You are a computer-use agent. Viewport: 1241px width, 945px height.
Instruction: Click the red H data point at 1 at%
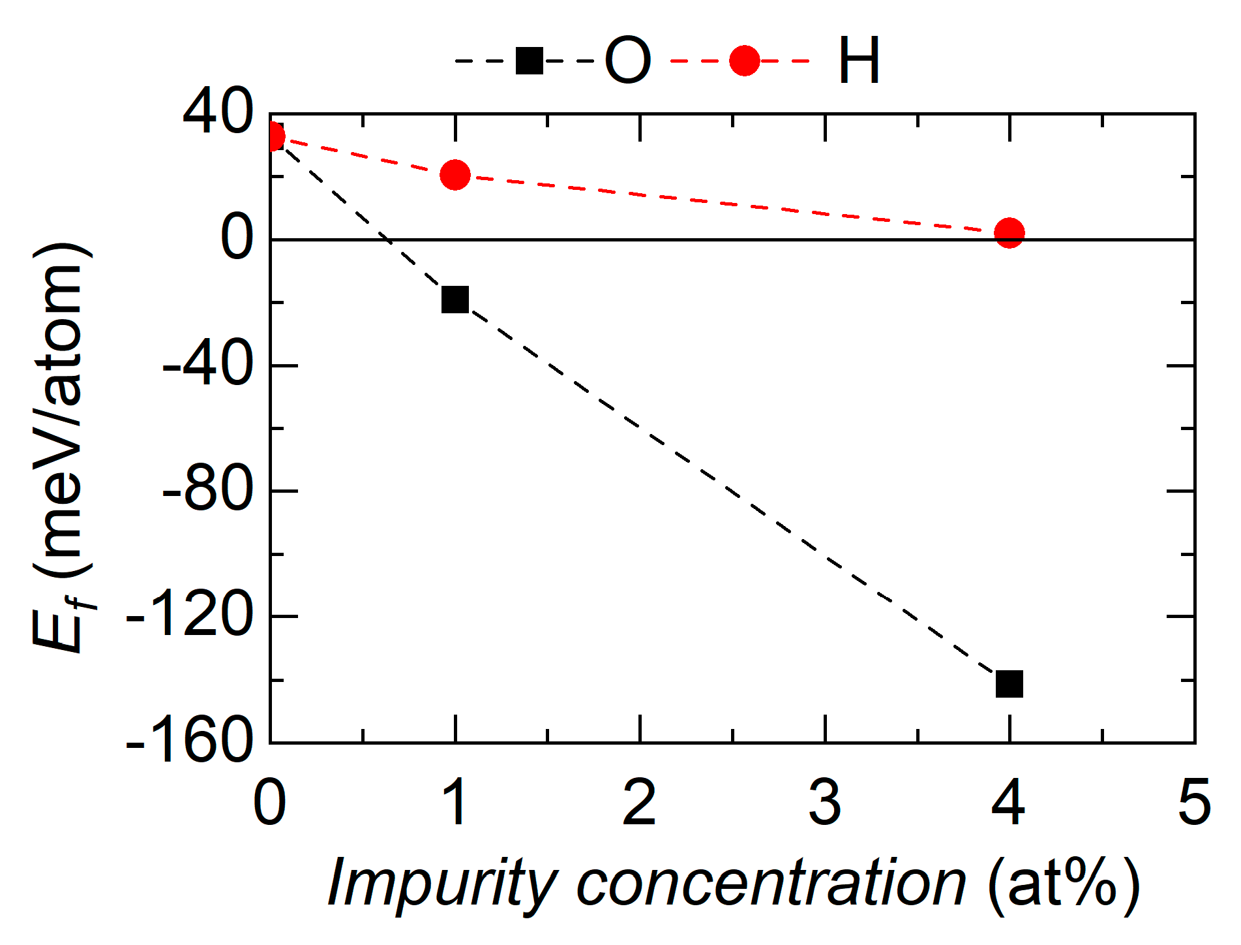(x=455, y=175)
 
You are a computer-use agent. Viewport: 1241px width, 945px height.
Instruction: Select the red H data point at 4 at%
(x=1009, y=233)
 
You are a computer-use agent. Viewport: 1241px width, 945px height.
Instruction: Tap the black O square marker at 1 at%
(x=455, y=300)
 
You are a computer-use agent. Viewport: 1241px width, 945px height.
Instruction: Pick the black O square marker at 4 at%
(x=1009, y=684)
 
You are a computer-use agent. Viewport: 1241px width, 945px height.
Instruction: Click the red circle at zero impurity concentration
(x=274, y=137)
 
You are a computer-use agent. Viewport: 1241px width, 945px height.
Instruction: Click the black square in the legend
(x=530, y=61)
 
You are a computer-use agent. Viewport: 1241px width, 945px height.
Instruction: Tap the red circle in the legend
(x=744, y=61)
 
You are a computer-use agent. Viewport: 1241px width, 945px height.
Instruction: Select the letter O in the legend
(x=627, y=61)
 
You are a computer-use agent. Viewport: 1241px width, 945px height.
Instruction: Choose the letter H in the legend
(x=859, y=61)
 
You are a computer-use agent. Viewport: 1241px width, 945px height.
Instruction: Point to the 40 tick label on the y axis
(x=217, y=114)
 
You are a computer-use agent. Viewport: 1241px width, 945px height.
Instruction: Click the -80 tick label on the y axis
(x=207, y=491)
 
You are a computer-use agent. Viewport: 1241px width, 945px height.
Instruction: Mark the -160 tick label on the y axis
(x=189, y=742)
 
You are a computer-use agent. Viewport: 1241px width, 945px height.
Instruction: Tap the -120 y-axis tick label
(x=189, y=616)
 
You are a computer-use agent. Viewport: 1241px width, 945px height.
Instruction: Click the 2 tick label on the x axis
(x=639, y=803)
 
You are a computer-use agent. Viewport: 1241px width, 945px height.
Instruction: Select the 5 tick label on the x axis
(x=1194, y=803)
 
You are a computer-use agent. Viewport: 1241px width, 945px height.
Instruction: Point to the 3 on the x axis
(x=825, y=803)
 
